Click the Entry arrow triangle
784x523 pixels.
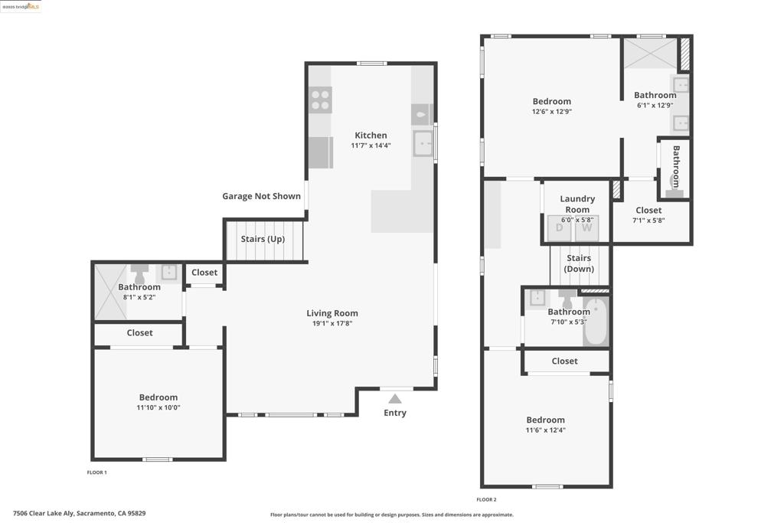pos(395,398)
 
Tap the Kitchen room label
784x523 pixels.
pos(371,135)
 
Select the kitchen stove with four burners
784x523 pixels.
pos(320,100)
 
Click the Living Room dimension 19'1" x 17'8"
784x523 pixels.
pos(332,323)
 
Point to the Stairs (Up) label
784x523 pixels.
pos(263,239)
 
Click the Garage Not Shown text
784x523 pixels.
pos(262,196)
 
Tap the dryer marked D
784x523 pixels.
pos(560,228)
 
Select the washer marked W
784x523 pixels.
pos(586,228)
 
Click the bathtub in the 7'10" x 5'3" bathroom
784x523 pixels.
pos(596,322)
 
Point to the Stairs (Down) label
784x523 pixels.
pos(579,263)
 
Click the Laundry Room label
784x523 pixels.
pos(577,204)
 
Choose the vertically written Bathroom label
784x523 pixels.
pos(676,166)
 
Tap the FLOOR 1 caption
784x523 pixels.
pos(97,472)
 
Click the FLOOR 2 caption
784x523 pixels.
pos(486,499)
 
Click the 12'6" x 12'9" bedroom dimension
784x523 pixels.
pos(551,112)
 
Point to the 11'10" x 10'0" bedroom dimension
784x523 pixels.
pos(158,407)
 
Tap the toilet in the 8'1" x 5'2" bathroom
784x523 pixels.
pos(139,274)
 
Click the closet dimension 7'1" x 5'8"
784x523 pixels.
pos(648,221)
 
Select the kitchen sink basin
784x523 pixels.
pos(423,143)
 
